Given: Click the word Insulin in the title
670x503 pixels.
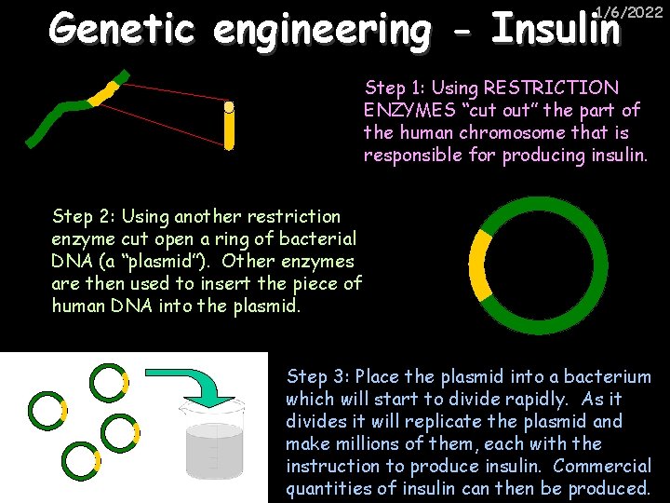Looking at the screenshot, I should (556, 30).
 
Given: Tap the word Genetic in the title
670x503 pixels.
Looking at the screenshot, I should (122, 30).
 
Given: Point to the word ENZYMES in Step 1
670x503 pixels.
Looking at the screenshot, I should (405, 111).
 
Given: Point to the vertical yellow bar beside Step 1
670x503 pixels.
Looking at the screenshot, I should (229, 131).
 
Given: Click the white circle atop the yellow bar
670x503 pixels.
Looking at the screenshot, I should (229, 106).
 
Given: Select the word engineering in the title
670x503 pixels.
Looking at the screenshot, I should (322, 30).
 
